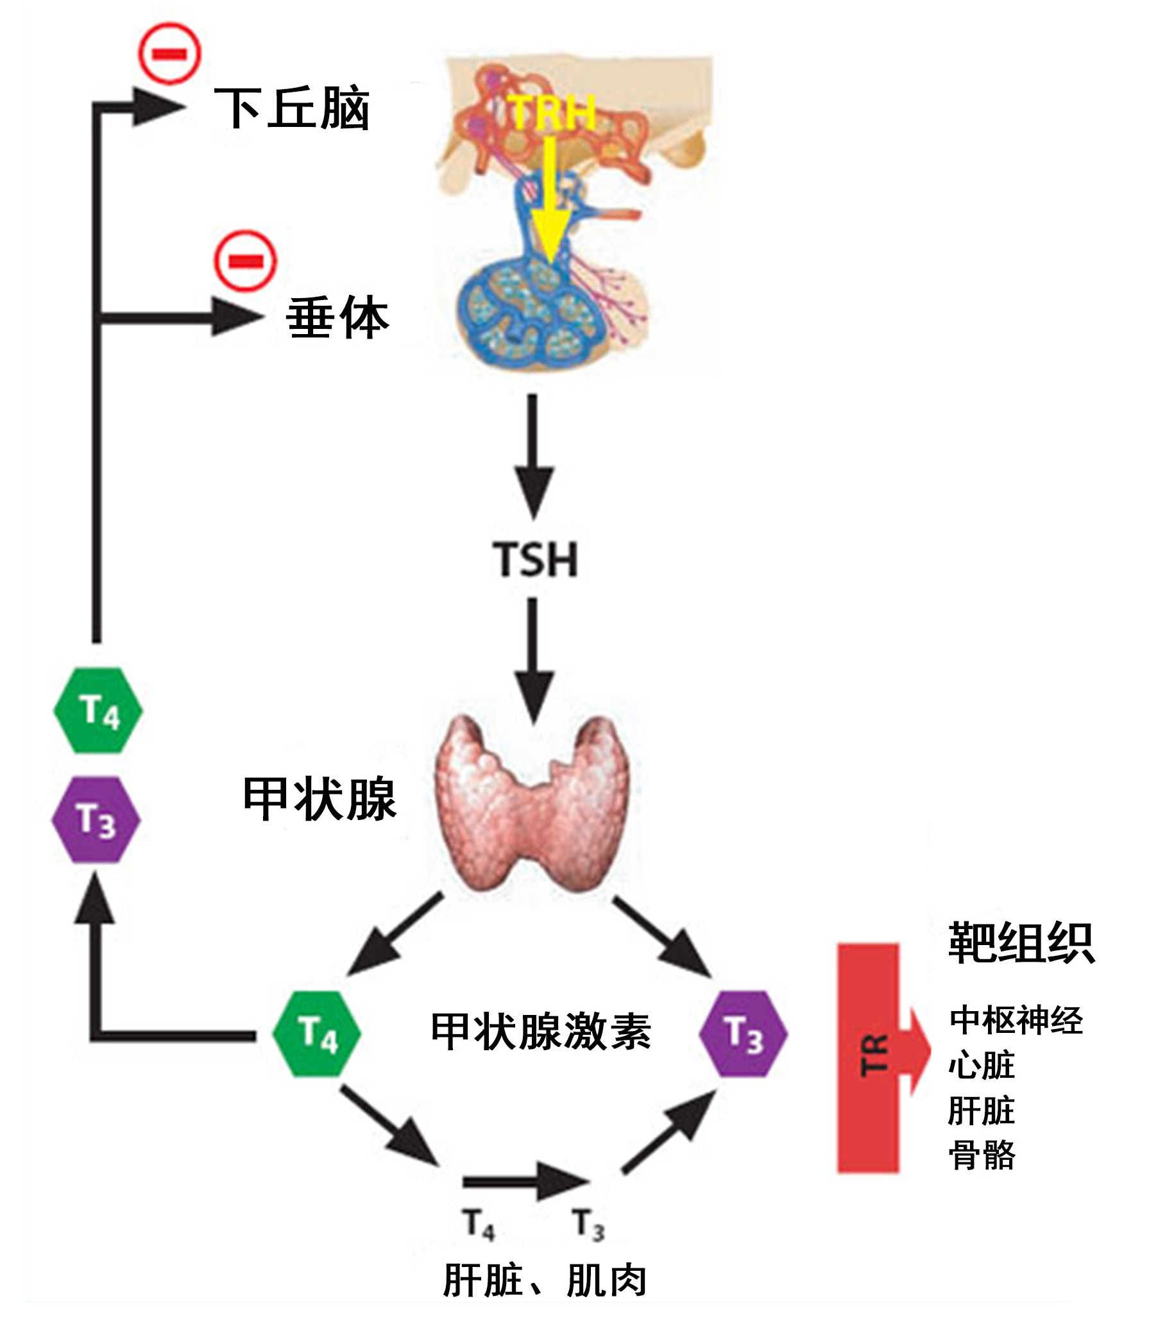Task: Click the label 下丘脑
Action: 291,108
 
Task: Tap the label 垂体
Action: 337,317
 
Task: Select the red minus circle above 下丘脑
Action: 170,54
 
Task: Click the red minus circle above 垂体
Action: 246,261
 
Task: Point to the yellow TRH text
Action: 552,113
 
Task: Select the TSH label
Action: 535,559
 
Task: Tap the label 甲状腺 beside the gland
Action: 319,799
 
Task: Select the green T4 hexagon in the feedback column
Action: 98,710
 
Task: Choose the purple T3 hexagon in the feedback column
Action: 96,819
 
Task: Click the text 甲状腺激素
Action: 540,1032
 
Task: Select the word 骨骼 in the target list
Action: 982,1155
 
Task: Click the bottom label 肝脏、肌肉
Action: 544,1281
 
